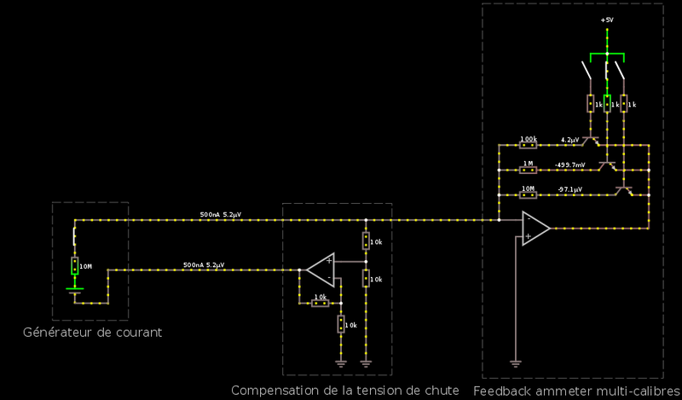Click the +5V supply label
tap(607, 19)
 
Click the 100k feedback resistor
tap(528, 145)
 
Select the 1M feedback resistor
tap(528, 170)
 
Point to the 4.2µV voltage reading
tap(569, 139)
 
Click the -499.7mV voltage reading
tap(569, 164)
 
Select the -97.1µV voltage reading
tap(569, 188)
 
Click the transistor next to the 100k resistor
tap(590, 142)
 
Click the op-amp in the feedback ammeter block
tap(535, 229)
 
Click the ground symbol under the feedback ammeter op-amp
tap(515, 363)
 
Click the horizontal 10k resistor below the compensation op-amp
tap(320, 303)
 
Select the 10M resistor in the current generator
tap(75, 266)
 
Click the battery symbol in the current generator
tap(75, 291)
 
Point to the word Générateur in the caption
tap(59, 332)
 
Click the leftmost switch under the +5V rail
tap(587, 72)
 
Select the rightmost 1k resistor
tap(624, 103)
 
